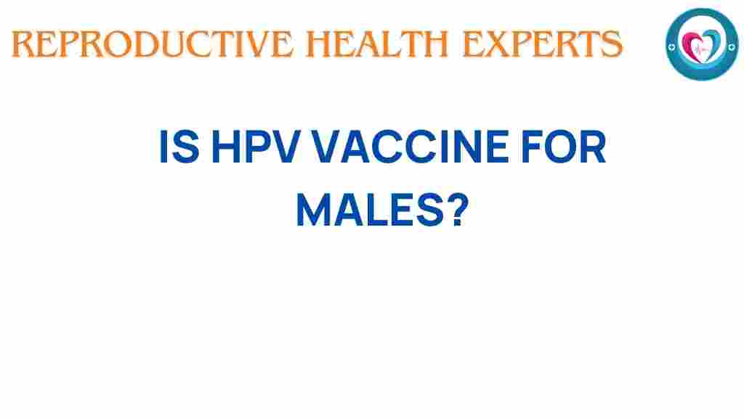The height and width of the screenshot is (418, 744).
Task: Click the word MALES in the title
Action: [x=367, y=210]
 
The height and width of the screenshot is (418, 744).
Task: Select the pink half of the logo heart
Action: [x=693, y=41]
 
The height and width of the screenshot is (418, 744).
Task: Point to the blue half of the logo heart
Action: [x=709, y=41]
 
